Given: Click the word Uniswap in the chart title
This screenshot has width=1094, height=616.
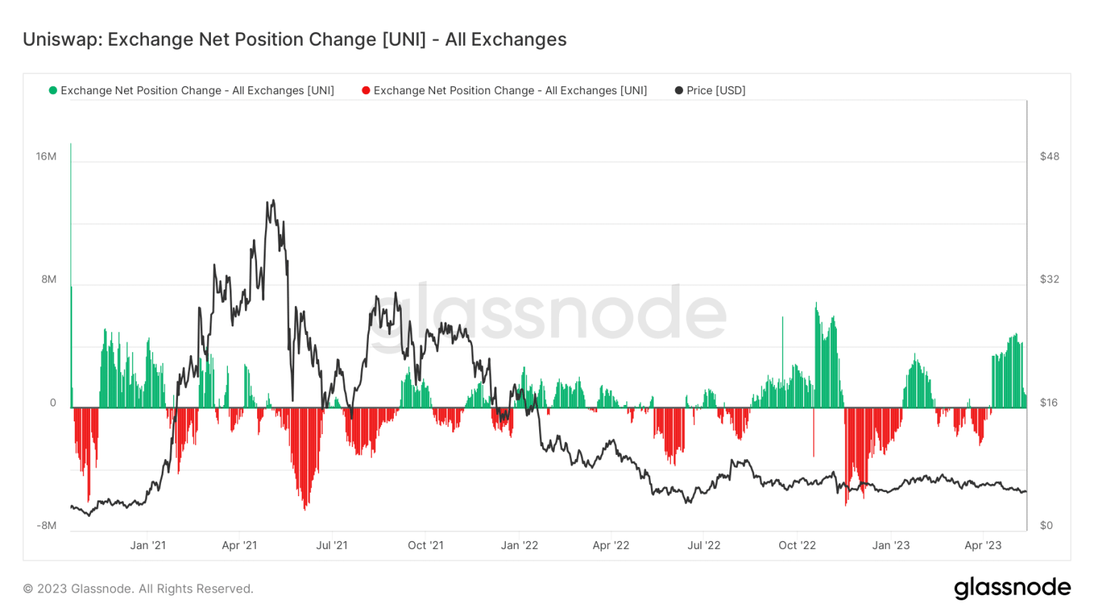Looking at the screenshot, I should tap(62, 39).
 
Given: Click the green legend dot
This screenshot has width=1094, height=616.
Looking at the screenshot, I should tap(53, 91).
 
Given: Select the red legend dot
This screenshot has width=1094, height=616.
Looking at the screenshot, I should tap(366, 91).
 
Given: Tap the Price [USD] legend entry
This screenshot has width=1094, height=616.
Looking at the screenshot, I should tap(715, 91).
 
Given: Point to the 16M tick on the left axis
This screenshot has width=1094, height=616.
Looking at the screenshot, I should tap(46, 157).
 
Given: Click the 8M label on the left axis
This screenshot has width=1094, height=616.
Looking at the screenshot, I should tap(48, 279).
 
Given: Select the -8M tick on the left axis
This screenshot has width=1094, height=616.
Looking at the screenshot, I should tap(46, 526).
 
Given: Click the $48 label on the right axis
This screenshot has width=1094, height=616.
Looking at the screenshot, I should tap(1049, 157).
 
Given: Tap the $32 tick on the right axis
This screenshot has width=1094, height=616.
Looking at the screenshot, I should tap(1049, 279).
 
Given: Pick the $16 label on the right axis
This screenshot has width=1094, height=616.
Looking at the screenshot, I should tap(1049, 403).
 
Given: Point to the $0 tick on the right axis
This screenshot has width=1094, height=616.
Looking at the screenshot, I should tap(1046, 526).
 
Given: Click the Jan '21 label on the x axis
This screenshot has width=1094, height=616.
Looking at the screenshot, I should tap(148, 545).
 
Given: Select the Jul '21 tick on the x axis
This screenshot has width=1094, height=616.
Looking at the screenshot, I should tap(332, 545).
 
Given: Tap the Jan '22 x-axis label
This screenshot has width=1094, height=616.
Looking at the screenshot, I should tap(519, 545).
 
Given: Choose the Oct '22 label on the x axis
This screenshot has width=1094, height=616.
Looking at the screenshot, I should tap(797, 545).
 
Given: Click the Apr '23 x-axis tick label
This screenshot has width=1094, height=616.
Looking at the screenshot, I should tap(983, 545).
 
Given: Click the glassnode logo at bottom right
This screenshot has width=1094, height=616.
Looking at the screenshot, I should tap(1012, 587).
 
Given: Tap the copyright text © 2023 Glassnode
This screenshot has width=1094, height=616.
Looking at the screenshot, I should tap(138, 589).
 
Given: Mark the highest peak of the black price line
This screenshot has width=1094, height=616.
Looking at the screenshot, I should tap(273, 200).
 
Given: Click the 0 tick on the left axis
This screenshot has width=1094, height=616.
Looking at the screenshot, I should tap(53, 403).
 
